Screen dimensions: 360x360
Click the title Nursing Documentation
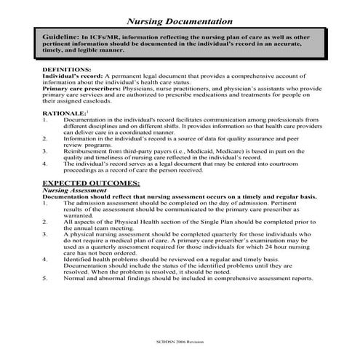click(x=180, y=22)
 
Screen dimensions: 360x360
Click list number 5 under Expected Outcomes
click(x=46, y=278)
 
